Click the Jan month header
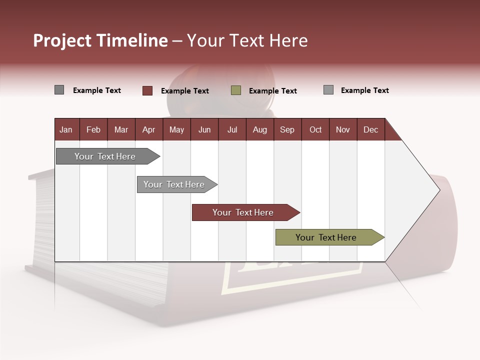(66, 129)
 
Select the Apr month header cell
(148, 129)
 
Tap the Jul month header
(232, 129)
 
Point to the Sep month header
(287, 129)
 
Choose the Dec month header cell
(370, 129)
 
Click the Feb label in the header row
(93, 129)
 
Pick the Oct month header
(315, 129)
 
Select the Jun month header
(204, 129)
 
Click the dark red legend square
(147, 90)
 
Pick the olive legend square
(236, 90)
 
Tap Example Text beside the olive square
(272, 91)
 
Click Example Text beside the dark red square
(184, 91)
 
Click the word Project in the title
(62, 40)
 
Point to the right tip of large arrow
(438, 190)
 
